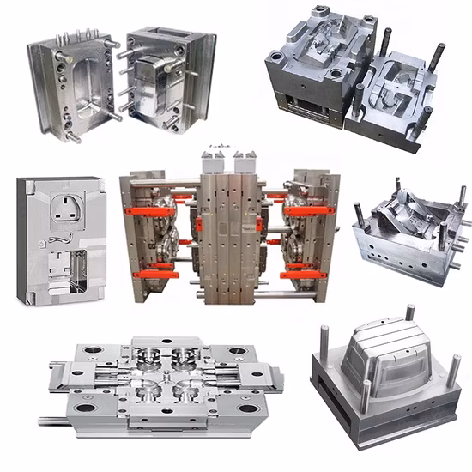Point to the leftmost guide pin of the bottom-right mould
click(327, 343)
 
